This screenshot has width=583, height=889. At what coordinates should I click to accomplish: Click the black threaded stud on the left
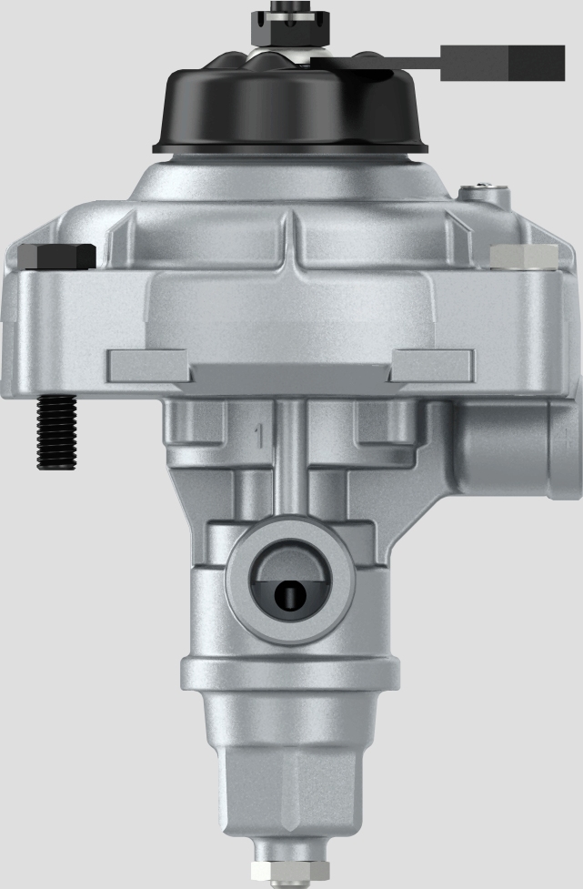click(x=55, y=433)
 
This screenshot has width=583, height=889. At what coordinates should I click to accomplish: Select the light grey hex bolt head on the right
click(x=523, y=257)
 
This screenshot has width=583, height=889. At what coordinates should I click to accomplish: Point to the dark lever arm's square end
click(x=502, y=62)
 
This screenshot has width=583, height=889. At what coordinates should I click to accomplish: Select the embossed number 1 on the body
click(x=259, y=436)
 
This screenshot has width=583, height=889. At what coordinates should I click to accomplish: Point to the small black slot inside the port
click(x=288, y=596)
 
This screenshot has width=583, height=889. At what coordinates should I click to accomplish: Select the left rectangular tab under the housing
click(x=148, y=366)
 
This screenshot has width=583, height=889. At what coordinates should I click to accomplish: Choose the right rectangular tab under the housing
click(x=432, y=366)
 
